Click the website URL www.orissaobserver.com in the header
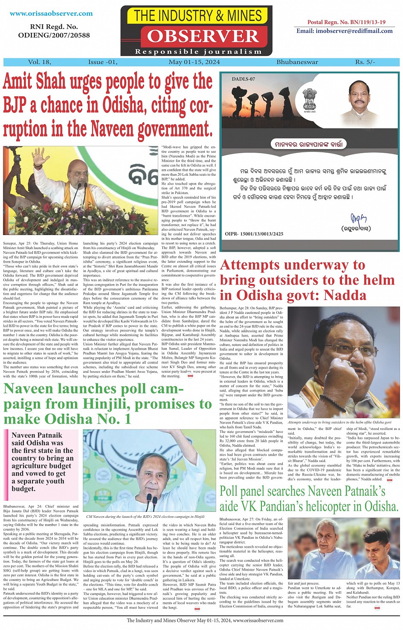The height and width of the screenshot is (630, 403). [x=51, y=14]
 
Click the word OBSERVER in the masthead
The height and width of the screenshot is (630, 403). [x=203, y=36]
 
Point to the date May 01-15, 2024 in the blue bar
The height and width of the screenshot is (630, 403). [x=194, y=62]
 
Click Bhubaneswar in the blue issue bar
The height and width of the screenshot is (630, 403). [x=297, y=62]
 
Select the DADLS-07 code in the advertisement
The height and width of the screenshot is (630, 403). [x=244, y=79]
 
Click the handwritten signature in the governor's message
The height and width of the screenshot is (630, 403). [x=358, y=219]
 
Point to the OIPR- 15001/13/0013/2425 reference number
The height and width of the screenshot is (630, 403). [x=254, y=234]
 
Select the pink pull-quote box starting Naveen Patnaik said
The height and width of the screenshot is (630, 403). [x=41, y=462]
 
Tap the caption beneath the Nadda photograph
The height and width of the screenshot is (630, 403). [x=339, y=422]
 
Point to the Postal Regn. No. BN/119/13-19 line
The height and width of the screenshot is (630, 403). [x=346, y=22]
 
